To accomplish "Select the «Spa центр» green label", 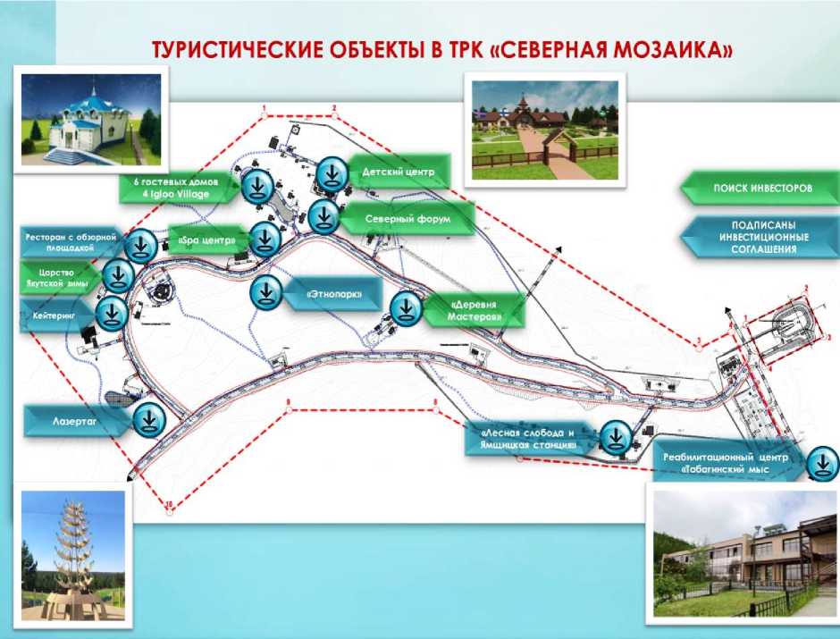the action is tap(206, 240).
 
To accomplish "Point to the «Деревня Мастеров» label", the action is tap(474, 309).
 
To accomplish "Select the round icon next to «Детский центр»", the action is tap(332, 172).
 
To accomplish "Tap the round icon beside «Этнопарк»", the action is tap(266, 291).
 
